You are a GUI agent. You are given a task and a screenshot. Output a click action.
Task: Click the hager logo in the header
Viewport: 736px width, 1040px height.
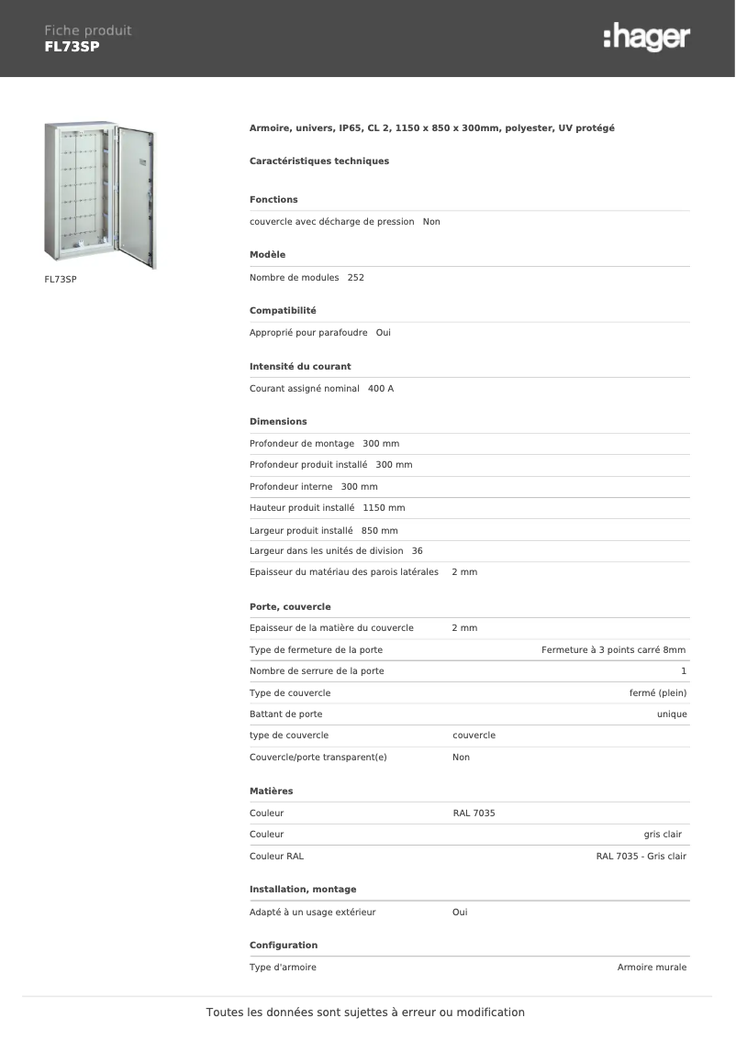646,38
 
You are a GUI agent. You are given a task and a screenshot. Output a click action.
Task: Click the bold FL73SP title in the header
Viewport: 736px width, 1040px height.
72,46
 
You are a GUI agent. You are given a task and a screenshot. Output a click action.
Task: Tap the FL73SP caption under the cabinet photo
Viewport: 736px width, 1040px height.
60,278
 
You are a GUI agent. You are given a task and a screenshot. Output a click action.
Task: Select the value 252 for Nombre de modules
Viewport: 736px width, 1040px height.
356,277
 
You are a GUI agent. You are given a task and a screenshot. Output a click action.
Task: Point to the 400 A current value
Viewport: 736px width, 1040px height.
380,389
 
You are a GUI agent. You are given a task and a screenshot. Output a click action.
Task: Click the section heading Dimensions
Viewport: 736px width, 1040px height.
278,422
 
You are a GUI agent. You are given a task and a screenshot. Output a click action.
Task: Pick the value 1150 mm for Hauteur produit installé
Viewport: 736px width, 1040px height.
384,507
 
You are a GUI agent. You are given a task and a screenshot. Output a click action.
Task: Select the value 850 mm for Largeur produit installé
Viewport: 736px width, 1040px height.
380,530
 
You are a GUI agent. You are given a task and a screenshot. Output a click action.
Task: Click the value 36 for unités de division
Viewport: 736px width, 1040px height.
418,551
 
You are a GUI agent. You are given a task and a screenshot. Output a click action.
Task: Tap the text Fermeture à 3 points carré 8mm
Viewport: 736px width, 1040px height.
613,649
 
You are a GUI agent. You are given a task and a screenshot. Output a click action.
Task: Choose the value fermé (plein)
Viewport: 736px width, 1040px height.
657,692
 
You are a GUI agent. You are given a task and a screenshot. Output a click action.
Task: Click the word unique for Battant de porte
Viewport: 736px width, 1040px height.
672,714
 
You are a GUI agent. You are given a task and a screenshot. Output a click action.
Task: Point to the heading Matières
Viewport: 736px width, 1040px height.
272,791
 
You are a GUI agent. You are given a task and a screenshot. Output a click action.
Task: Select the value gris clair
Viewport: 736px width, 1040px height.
663,835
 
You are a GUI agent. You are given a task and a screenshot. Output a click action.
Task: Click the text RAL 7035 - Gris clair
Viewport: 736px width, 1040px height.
641,857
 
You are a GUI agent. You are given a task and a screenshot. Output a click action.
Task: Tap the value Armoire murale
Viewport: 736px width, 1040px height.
652,967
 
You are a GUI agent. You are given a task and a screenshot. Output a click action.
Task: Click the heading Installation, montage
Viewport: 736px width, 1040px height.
303,890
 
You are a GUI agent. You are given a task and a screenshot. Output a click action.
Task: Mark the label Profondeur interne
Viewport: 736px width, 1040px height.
291,487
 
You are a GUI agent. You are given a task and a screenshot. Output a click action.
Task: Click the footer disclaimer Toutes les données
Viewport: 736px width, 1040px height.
365,1012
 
